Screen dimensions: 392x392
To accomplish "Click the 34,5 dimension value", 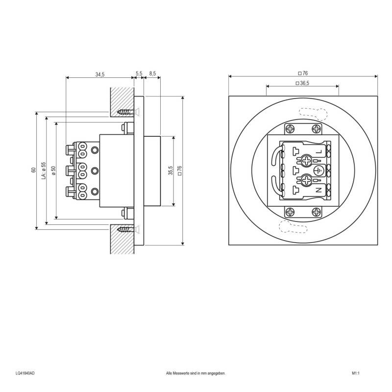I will [x=100, y=74].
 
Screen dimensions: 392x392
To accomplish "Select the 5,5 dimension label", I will [x=139, y=74].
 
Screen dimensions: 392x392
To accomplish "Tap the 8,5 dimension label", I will [x=152, y=74].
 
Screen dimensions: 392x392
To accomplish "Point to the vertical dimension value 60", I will [x=33, y=170].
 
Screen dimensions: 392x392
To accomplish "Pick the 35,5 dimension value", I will [x=170, y=170].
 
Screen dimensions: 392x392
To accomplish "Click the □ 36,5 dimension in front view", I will [x=302, y=83].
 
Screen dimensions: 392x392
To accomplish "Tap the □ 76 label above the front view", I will [x=303, y=73].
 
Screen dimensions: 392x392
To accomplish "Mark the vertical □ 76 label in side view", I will [x=179, y=170].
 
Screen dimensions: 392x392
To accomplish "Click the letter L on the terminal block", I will [x=319, y=151].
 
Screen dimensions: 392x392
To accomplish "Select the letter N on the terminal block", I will [x=319, y=189].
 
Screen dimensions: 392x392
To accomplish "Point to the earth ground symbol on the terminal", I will [x=319, y=170].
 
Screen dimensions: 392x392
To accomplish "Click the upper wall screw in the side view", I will [x=126, y=112].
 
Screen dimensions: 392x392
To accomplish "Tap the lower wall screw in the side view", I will [x=126, y=229].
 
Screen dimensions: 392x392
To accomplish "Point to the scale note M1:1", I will [x=356, y=373].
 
